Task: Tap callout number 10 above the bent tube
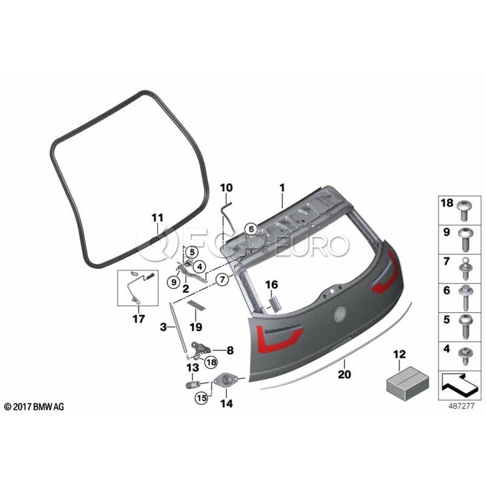click(x=226, y=188)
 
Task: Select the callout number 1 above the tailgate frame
click(x=281, y=188)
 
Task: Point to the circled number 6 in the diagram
click(x=251, y=229)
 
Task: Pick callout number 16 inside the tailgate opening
click(x=271, y=284)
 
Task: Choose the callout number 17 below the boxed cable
click(x=139, y=319)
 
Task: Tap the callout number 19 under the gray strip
click(x=195, y=327)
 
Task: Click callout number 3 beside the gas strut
click(x=164, y=326)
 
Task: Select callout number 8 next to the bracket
click(x=230, y=350)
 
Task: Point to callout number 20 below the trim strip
click(x=343, y=373)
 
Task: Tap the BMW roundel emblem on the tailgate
click(x=340, y=312)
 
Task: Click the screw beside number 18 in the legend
click(x=464, y=208)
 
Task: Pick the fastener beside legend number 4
click(x=464, y=354)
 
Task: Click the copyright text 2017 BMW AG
click(x=33, y=407)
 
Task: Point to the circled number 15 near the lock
click(x=201, y=399)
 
